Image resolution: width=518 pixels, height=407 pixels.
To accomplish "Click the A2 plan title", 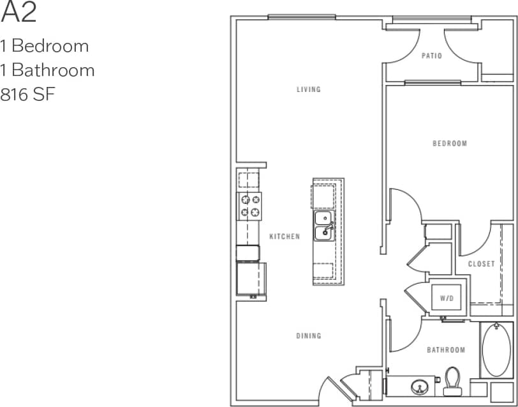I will click(19, 13).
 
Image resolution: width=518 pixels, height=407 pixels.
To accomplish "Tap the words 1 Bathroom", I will click(47, 70).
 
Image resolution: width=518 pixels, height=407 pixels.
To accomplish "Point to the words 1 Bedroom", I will click(44, 46).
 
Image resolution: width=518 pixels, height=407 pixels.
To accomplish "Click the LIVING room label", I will click(308, 89).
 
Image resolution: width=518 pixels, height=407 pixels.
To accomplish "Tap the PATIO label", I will click(432, 56).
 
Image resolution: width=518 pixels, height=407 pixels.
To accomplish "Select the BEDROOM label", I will click(450, 144).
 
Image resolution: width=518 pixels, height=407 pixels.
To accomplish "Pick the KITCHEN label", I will click(285, 236).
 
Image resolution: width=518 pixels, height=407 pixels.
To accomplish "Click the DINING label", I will click(308, 336).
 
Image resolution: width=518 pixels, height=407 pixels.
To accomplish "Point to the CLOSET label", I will click(482, 264).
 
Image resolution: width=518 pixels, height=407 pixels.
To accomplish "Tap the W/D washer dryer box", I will click(447, 298).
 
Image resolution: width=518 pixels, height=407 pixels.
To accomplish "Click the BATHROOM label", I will click(446, 350).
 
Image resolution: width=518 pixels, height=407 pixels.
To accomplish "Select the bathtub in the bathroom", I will click(497, 350).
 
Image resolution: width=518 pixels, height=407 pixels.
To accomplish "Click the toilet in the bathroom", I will click(454, 379).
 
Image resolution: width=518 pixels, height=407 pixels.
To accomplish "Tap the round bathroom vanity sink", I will click(420, 386).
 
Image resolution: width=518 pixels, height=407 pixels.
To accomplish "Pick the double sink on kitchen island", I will click(323, 226).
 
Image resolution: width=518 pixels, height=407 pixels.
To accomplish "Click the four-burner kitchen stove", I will click(249, 206).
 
